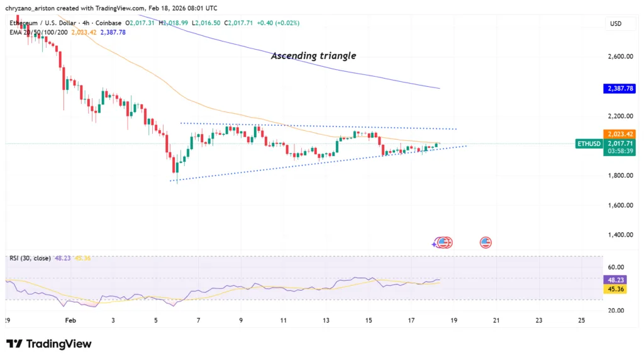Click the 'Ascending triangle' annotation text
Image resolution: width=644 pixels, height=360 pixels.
pyautogui.click(x=313, y=56)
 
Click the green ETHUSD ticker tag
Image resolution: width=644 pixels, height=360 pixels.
pyautogui.click(x=589, y=144)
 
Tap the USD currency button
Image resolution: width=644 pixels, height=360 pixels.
pyautogui.click(x=616, y=23)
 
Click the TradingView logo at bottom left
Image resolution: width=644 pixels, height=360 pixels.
pyautogui.click(x=49, y=344)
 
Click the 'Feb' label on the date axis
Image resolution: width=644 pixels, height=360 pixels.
pyautogui.click(x=70, y=320)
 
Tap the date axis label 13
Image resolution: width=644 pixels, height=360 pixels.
pyautogui.click(x=326, y=320)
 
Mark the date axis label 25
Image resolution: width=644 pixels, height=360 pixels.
pyautogui.click(x=581, y=320)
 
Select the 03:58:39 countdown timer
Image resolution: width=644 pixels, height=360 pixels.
pyautogui.click(x=619, y=151)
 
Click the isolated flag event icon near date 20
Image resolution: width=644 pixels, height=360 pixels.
pyautogui.click(x=486, y=242)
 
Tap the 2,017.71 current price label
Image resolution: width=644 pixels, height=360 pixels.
pyautogui.click(x=619, y=143)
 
